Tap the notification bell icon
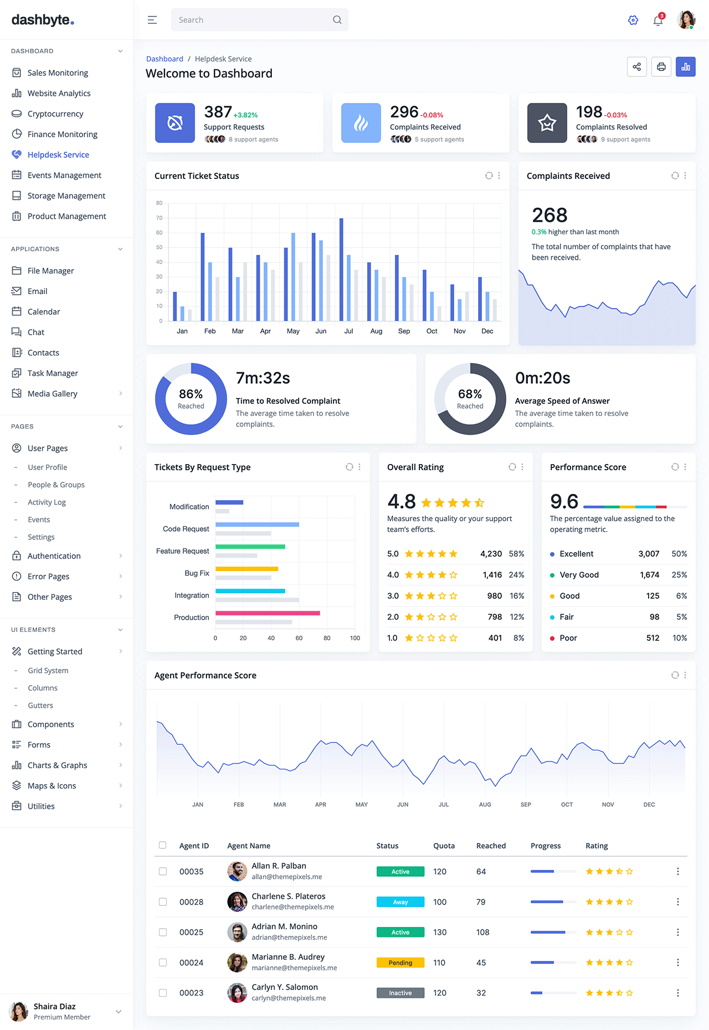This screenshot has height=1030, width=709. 658,20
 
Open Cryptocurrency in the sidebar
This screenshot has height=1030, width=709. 55,114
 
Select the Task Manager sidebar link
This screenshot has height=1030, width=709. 53,373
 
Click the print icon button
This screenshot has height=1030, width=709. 661,67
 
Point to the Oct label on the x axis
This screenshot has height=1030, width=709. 432,331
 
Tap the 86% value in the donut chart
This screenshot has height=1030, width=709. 191,394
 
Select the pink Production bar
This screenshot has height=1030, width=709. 268,613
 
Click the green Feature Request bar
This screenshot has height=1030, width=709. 250,547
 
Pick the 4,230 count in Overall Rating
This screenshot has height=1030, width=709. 491,554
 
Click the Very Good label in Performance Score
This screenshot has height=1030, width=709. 579,575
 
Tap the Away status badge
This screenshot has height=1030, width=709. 400,902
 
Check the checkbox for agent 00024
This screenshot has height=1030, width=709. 163,962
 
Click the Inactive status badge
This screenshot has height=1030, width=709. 400,993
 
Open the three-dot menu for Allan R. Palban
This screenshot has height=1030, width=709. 677,872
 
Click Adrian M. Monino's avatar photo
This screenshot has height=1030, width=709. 237,932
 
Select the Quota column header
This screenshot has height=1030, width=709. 444,846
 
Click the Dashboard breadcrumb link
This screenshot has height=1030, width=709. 165,59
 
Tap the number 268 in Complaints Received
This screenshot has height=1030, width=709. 549,215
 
